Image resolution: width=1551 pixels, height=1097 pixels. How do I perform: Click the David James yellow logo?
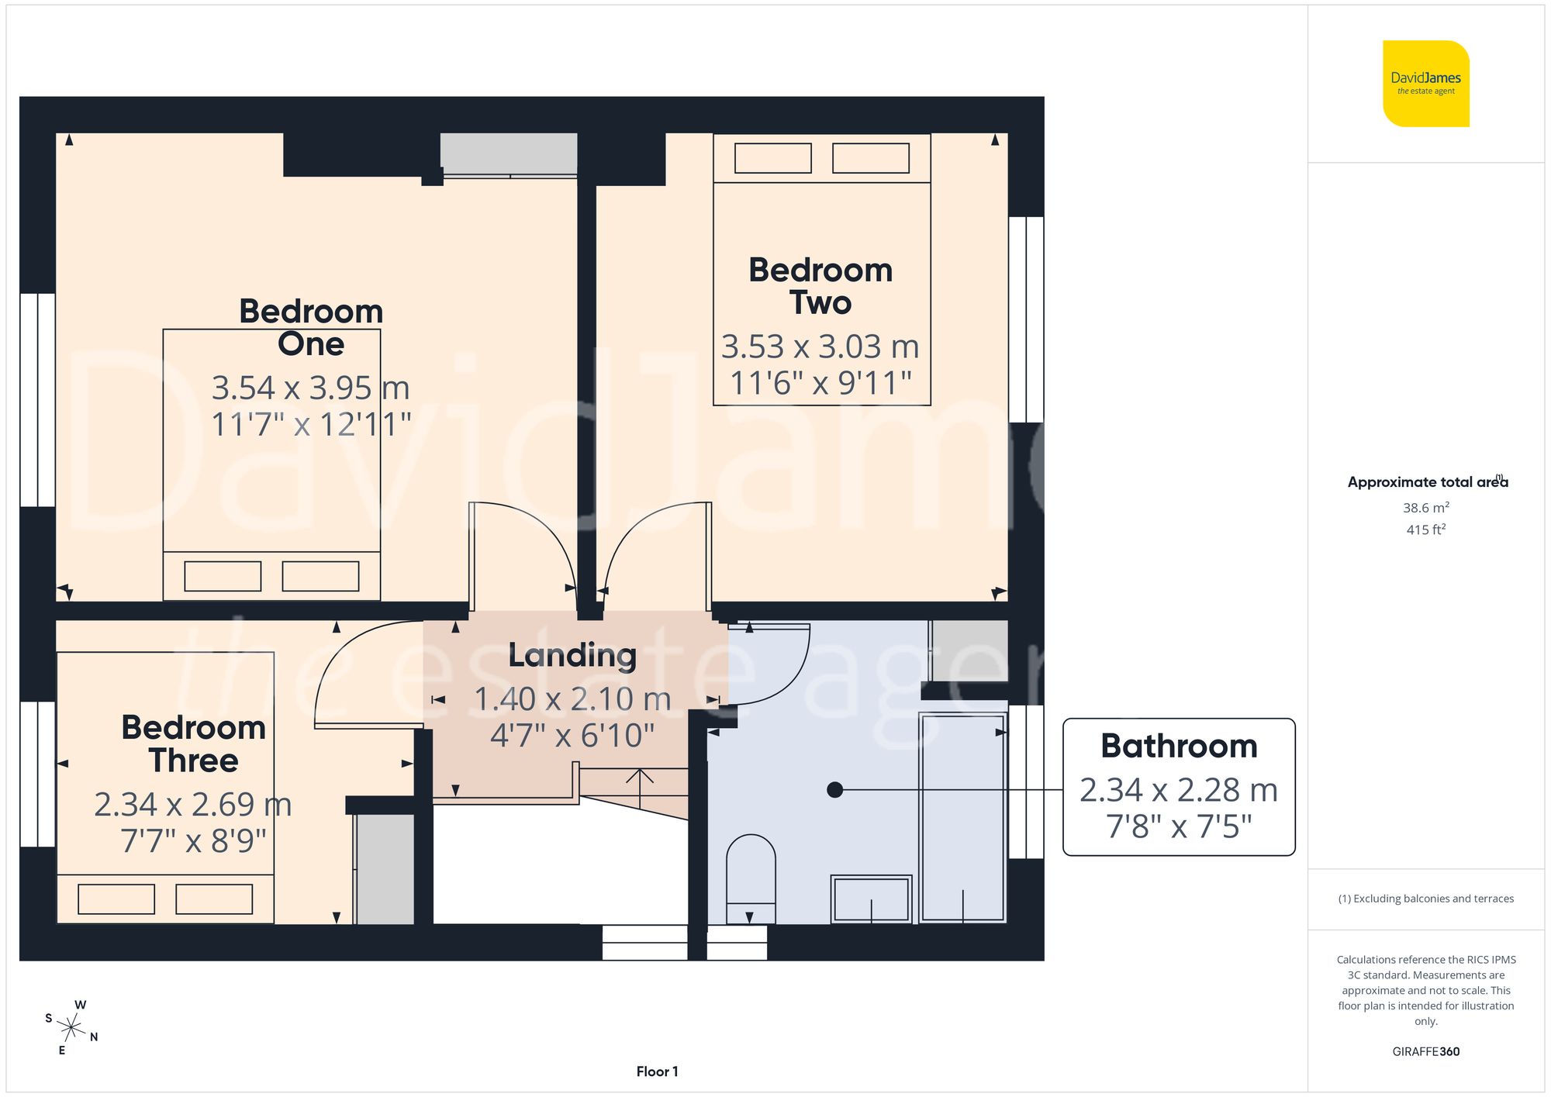(1425, 84)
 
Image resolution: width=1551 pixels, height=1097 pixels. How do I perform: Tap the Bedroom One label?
(311, 327)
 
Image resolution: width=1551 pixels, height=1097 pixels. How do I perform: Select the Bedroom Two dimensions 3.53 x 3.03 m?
(820, 347)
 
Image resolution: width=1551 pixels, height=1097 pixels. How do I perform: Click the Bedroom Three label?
(193, 744)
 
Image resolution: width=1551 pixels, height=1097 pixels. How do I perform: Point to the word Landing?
(572, 656)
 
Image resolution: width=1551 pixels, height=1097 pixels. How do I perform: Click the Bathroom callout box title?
(1178, 746)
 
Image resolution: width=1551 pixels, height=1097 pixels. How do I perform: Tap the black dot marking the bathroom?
(834, 790)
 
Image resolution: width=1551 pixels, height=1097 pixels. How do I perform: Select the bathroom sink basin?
(871, 899)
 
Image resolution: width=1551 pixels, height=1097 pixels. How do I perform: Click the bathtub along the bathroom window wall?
(962, 818)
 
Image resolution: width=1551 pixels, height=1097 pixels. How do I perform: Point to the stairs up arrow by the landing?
(639, 786)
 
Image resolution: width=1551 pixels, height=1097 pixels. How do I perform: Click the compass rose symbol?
(71, 1028)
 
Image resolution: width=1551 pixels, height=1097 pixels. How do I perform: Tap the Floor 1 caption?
(657, 1071)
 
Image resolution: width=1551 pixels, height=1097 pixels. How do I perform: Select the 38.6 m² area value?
(1425, 508)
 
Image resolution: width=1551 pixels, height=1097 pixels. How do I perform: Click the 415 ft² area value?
(1425, 530)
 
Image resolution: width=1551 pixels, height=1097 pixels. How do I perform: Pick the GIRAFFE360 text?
(1425, 1051)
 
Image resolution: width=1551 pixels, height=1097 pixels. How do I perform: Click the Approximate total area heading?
(1425, 482)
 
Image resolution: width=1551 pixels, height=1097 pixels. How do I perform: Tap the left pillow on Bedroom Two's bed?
(772, 158)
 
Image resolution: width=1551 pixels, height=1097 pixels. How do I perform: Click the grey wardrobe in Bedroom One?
(508, 154)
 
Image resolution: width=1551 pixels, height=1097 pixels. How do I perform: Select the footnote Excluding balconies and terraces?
(1425, 899)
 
